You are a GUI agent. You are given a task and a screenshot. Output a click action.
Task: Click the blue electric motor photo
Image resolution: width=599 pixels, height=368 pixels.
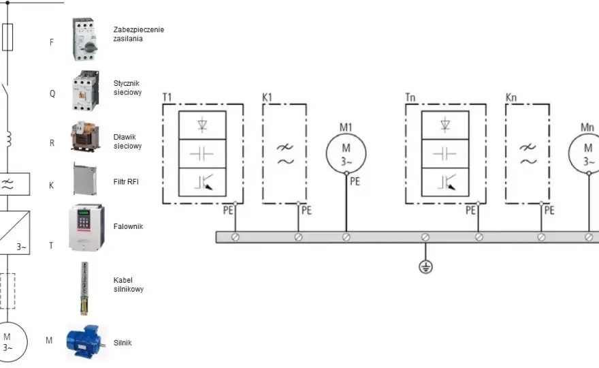coord(86,342)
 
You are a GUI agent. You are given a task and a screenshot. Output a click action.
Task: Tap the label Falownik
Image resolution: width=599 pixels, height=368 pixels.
coord(128,226)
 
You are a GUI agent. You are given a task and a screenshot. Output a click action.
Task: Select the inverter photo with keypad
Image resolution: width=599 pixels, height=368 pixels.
coord(86,227)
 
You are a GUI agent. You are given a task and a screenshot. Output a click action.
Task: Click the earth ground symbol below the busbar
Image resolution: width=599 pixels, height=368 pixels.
coord(425,266)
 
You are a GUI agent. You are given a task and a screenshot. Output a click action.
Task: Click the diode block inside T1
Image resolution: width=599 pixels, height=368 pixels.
coord(202,125)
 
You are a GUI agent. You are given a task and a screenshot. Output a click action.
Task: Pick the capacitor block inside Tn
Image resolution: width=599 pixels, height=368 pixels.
coord(445,154)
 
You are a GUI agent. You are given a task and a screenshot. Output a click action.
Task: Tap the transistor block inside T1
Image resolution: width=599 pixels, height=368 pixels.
coord(202,182)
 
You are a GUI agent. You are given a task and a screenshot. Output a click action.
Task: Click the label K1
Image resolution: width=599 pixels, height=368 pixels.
coord(267,97)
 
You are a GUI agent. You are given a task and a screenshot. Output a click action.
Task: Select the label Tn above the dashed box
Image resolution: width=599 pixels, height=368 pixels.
coord(410,97)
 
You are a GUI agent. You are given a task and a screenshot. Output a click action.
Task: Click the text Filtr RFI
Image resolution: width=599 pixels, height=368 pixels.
coord(126,182)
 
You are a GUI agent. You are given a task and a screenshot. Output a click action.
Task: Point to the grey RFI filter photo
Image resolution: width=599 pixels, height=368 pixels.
coord(85,179)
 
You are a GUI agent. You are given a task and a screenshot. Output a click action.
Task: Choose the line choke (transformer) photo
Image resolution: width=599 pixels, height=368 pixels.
coord(85,136)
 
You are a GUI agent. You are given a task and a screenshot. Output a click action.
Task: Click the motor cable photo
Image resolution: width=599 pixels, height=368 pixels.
coord(84,288)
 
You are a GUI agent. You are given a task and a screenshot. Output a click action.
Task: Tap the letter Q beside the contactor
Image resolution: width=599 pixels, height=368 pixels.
coord(52,94)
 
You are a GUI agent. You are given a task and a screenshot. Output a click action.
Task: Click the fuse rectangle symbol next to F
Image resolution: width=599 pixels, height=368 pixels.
coord(7,37)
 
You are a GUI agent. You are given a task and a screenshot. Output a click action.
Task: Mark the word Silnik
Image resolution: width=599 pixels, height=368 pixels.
coord(123,343)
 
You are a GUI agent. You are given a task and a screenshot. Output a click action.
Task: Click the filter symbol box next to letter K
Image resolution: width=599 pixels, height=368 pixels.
coord(14,184)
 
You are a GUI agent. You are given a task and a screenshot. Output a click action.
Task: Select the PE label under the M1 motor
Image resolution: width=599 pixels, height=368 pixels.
coord(355,181)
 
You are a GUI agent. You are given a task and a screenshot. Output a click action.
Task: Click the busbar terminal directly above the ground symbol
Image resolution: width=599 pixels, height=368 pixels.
coord(425,237)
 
